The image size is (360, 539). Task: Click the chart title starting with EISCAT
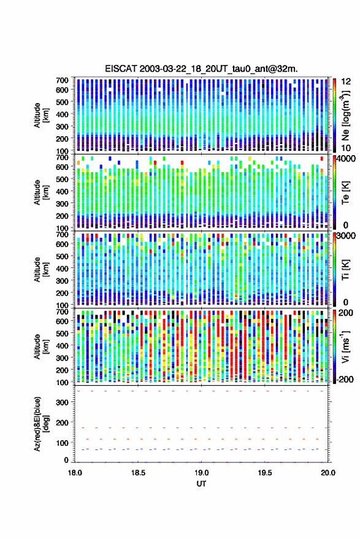pyautogui.click(x=202, y=69)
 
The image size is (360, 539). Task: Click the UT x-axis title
pyautogui.click(x=201, y=484)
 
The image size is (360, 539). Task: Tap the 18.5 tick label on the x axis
pyautogui.click(x=138, y=473)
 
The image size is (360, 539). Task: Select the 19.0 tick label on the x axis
pyautogui.click(x=202, y=473)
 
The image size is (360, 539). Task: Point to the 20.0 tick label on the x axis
pyautogui.click(x=328, y=473)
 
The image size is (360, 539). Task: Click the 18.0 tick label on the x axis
pyautogui.click(x=75, y=473)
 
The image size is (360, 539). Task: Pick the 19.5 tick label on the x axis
pyautogui.click(x=265, y=473)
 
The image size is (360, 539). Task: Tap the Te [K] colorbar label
pyautogui.click(x=345, y=193)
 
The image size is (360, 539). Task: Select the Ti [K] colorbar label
pyautogui.click(x=345, y=270)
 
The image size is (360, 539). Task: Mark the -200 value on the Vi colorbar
pyautogui.click(x=345, y=380)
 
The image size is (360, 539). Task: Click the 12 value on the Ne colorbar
pyautogui.click(x=347, y=82)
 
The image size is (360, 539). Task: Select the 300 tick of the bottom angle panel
pyautogui.click(x=62, y=402)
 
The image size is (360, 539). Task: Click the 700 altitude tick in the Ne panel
pyautogui.click(x=62, y=80)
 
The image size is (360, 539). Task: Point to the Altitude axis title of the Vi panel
pyautogui.click(x=41, y=346)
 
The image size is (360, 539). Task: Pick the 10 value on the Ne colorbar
pyautogui.click(x=347, y=148)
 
